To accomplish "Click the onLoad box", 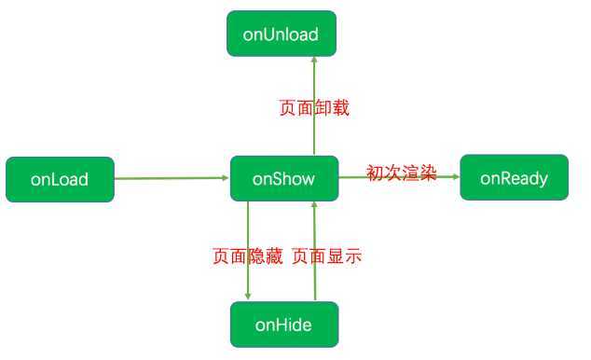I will (60, 179).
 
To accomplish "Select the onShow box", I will (284, 177).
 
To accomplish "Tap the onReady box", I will (515, 177).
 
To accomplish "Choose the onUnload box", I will (281, 35).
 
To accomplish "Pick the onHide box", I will (283, 325).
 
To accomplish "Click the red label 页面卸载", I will (314, 107).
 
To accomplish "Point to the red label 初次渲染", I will (401, 173).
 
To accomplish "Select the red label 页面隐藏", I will (247, 255).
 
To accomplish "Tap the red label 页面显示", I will (326, 255).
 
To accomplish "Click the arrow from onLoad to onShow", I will (172, 177).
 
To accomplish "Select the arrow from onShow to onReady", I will (401, 176).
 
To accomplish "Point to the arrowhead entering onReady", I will (455, 176).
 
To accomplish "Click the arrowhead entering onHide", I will (249, 296).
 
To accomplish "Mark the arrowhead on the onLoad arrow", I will (225, 177).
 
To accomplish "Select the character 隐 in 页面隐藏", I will (255, 255).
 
